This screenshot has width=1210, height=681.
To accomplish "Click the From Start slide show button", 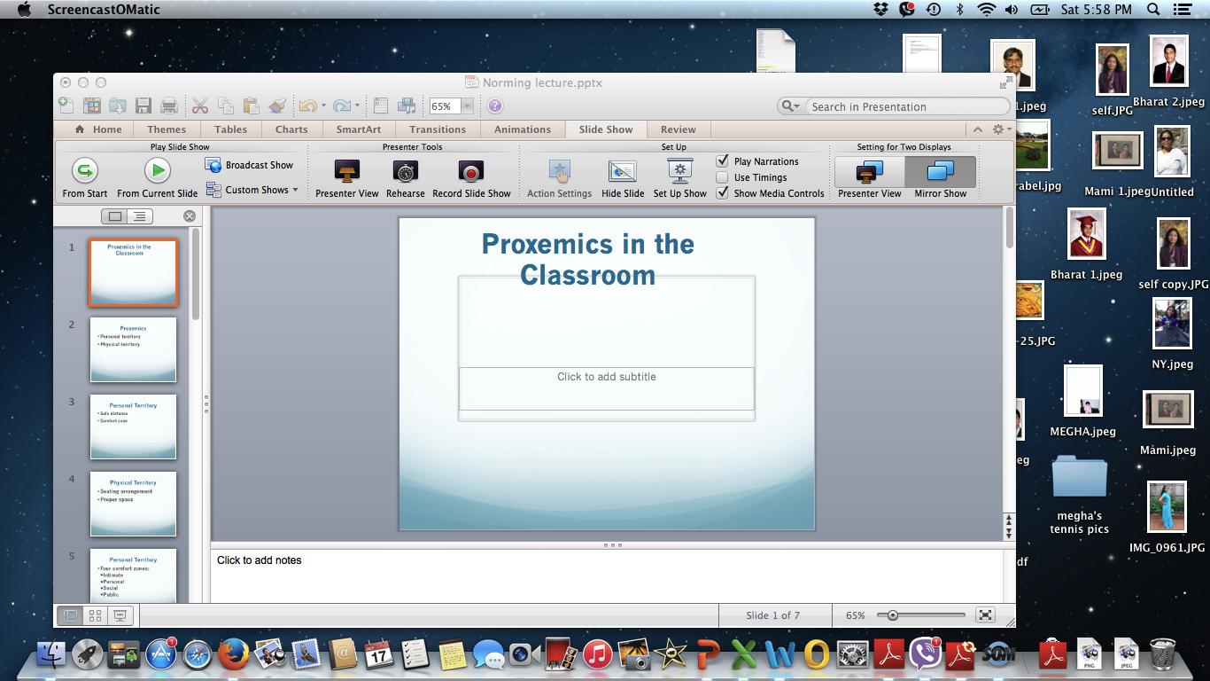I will (84, 170).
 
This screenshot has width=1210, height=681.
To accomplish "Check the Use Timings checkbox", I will (723, 177).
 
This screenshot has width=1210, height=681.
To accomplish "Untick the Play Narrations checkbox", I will (723, 161).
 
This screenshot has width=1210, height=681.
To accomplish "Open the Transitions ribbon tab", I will (438, 129).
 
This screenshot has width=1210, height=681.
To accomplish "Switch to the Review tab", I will (679, 129).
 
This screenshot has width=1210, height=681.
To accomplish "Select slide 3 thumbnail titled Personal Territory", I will (133, 427).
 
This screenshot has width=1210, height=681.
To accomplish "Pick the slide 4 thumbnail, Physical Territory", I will (133, 504).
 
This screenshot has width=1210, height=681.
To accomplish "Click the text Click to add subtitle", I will (607, 377).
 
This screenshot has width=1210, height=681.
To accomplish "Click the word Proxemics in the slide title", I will (539, 244).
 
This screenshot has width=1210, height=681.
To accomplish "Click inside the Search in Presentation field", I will (904, 106).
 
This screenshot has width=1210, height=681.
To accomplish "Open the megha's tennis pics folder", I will (1079, 480).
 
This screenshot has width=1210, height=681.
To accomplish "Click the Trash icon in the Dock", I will (1162, 654).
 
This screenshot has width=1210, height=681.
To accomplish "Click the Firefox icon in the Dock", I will (233, 655).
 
